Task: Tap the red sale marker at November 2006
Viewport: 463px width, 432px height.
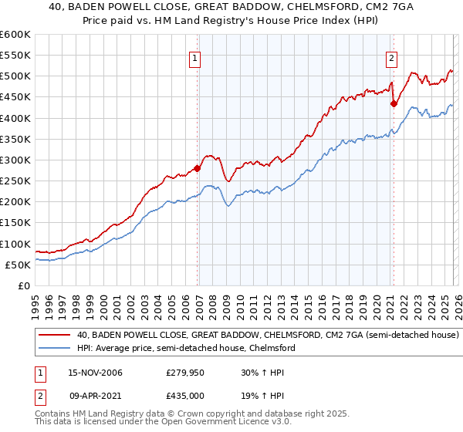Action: coord(198,168)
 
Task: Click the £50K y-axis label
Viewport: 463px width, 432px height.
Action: coord(19,265)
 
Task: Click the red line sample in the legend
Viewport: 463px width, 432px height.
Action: coord(55,336)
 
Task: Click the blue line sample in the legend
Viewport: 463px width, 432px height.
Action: coord(55,349)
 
